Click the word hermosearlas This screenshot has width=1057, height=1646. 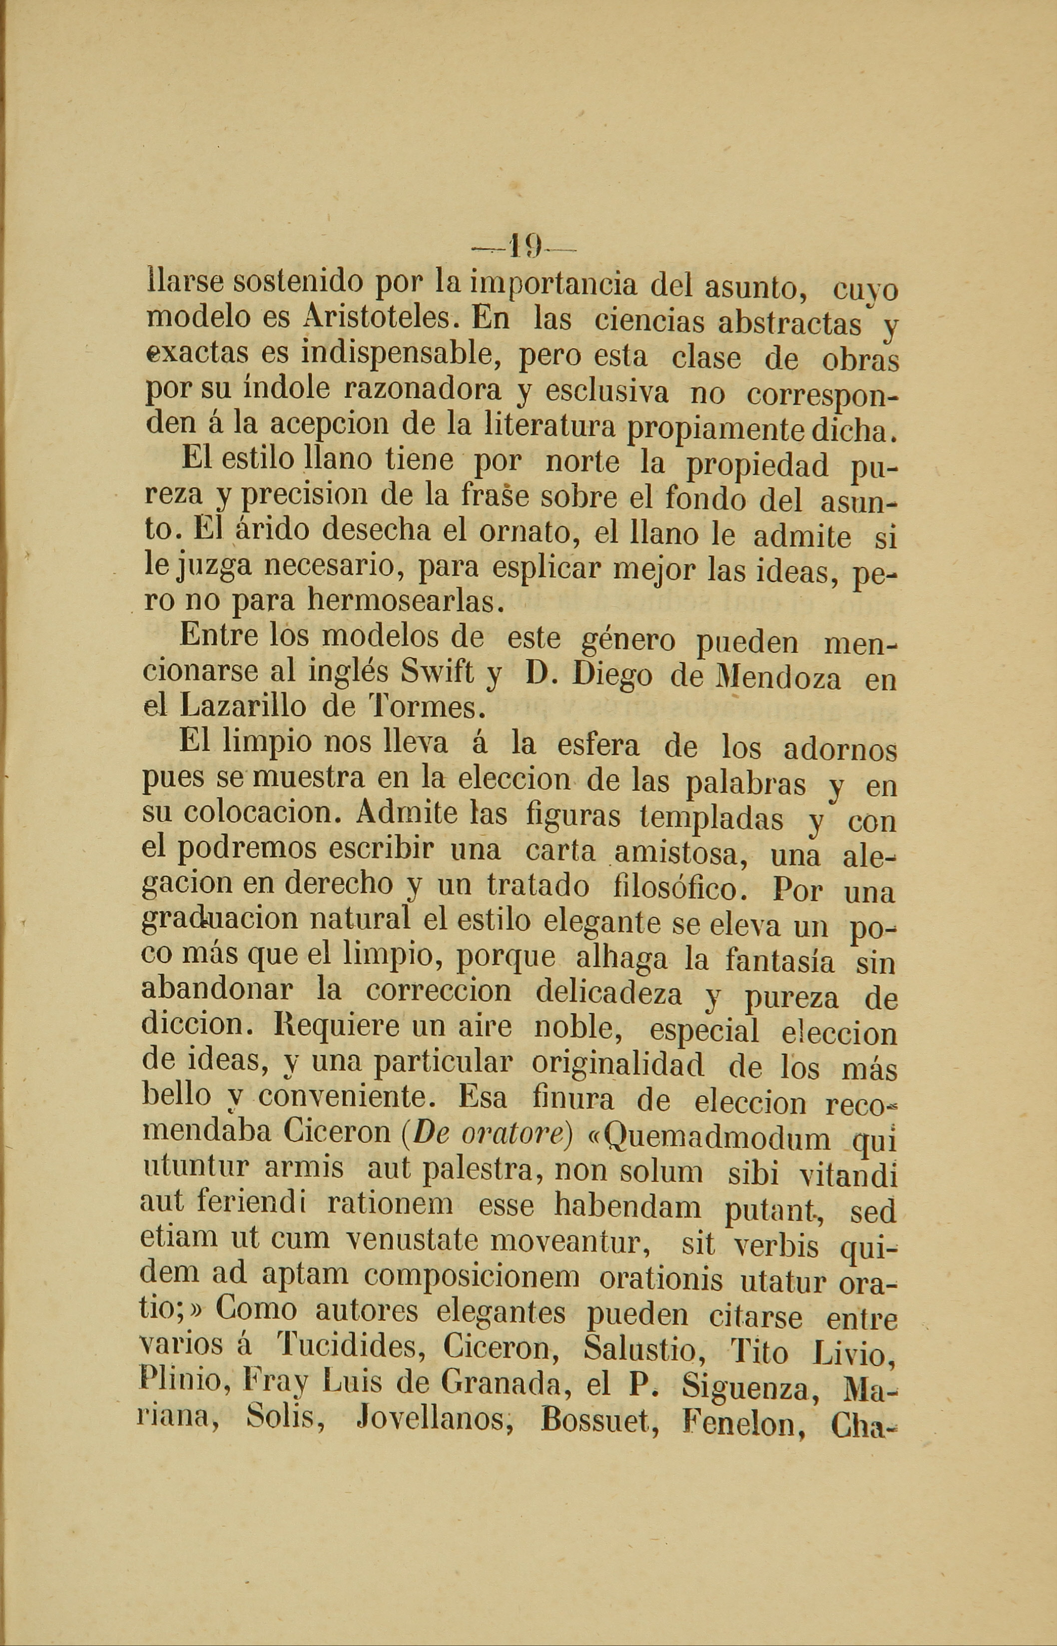[406, 601]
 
